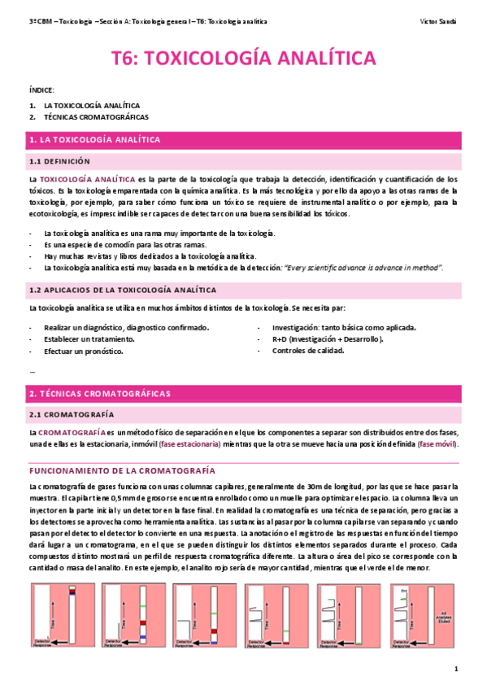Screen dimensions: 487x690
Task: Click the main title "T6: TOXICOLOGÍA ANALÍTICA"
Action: (243, 59)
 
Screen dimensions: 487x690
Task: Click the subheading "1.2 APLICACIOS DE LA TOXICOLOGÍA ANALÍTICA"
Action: (122, 289)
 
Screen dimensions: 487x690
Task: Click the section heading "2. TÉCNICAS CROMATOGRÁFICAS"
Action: (99, 393)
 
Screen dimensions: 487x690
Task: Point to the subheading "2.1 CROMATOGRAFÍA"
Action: (68, 414)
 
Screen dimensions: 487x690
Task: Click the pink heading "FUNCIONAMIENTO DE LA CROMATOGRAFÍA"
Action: (122, 470)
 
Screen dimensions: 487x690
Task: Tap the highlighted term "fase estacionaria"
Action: (190, 444)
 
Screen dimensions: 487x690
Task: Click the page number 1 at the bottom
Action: (457, 669)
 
